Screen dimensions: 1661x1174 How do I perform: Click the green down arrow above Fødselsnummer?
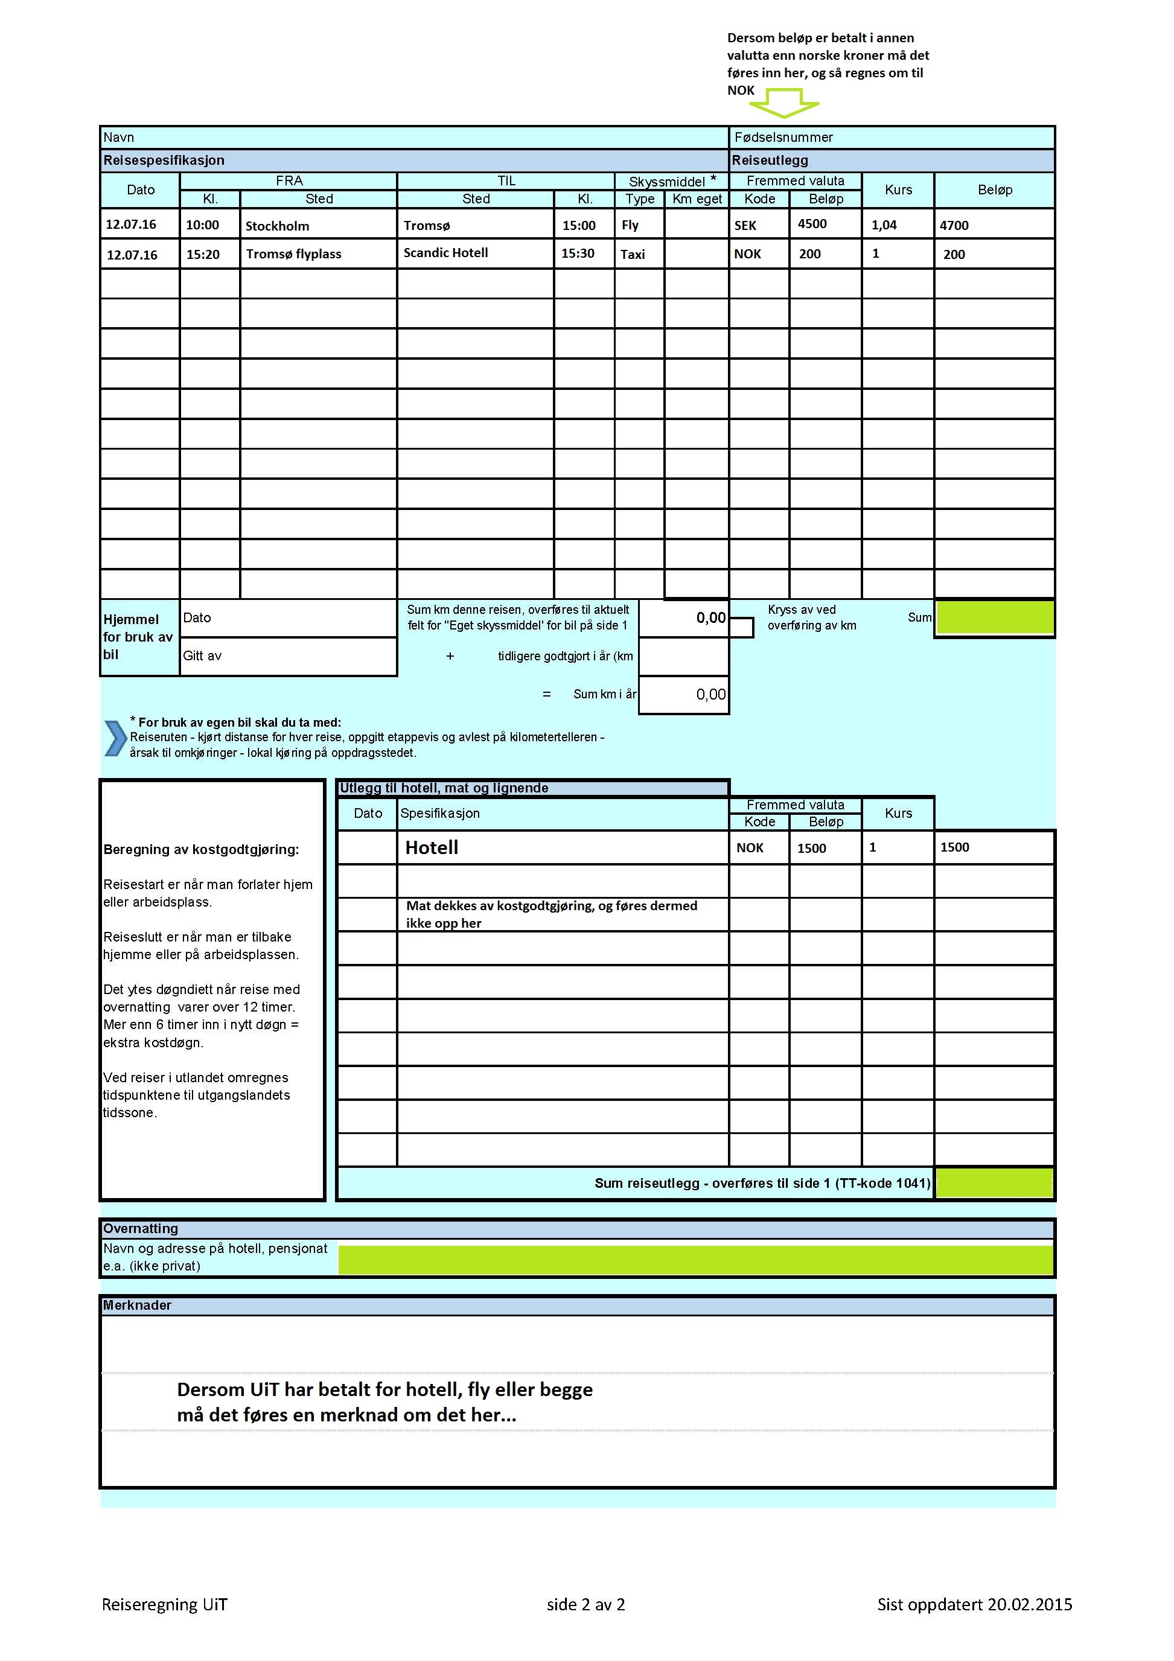tap(783, 103)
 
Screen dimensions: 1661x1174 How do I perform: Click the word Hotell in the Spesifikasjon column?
tap(432, 848)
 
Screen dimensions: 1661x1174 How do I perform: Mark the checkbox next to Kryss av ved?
tap(741, 628)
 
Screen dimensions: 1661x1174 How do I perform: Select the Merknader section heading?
tap(138, 1306)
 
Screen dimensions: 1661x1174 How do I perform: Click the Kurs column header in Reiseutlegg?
tap(898, 190)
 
